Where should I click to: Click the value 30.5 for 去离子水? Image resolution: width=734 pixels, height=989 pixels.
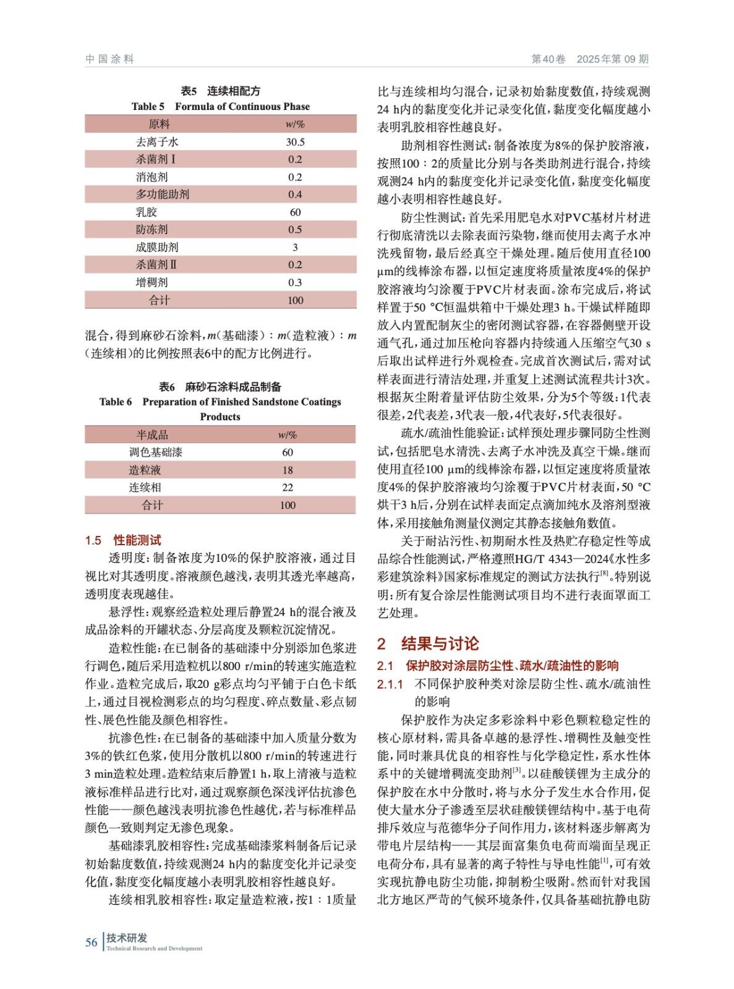[x=295, y=142]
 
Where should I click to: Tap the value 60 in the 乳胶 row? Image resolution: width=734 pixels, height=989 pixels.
[x=295, y=212]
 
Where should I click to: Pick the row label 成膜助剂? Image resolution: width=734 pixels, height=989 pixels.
[x=157, y=247]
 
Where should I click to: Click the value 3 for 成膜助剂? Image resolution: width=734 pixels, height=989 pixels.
[x=295, y=247]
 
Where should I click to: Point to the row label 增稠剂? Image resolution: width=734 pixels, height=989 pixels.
[x=151, y=282]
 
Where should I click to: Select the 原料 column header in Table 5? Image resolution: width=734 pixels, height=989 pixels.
[x=159, y=124]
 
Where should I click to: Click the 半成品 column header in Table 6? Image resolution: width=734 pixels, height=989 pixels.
[x=152, y=435]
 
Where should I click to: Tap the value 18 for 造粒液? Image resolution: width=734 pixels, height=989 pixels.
[x=288, y=470]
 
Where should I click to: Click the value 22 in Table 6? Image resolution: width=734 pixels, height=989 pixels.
[x=288, y=488]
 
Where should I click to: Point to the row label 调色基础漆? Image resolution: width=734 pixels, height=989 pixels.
[x=155, y=452]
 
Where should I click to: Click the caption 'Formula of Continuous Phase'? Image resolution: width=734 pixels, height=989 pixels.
[x=242, y=106]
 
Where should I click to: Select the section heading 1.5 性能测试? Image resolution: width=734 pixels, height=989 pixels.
[x=123, y=540]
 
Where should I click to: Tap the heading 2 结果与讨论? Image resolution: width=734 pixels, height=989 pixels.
[x=428, y=643]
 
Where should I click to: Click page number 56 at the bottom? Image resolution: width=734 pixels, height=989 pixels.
[x=92, y=943]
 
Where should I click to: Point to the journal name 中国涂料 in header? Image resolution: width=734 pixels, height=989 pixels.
[x=109, y=59]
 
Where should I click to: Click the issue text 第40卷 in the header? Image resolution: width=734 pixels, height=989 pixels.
[x=548, y=59]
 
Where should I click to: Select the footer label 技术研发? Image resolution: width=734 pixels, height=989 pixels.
[x=126, y=938]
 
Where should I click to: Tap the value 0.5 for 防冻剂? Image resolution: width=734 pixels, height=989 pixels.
[x=295, y=229]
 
